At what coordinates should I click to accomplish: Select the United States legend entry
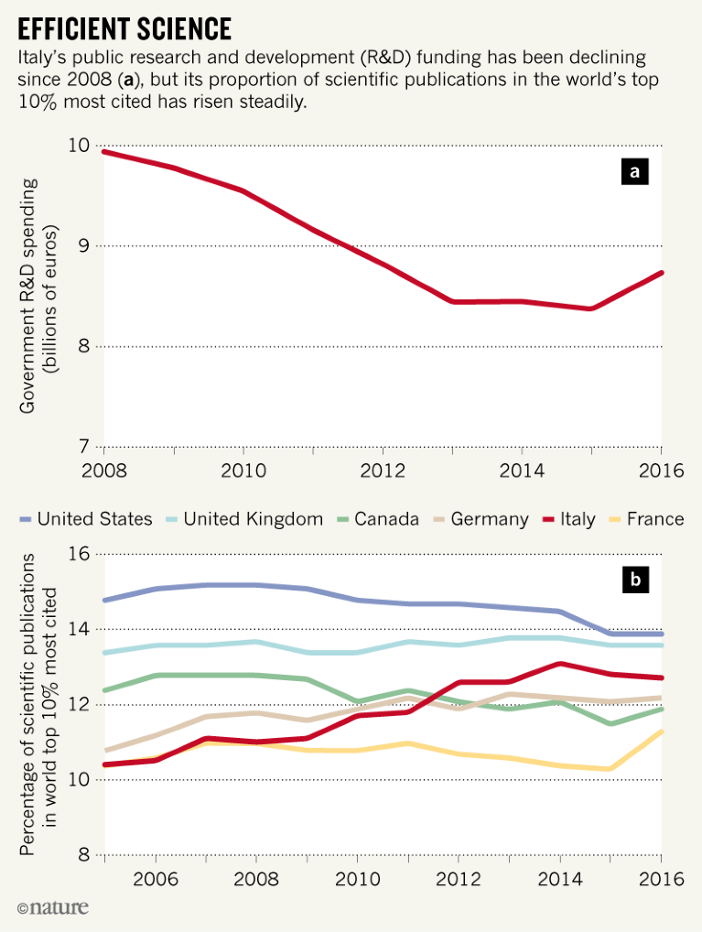click(x=86, y=519)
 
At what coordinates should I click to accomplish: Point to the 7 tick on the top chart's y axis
click(x=83, y=447)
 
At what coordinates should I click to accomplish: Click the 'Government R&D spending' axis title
click(x=28, y=295)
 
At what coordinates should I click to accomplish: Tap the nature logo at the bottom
click(x=53, y=908)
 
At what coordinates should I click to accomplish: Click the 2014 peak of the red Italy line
click(x=558, y=664)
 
